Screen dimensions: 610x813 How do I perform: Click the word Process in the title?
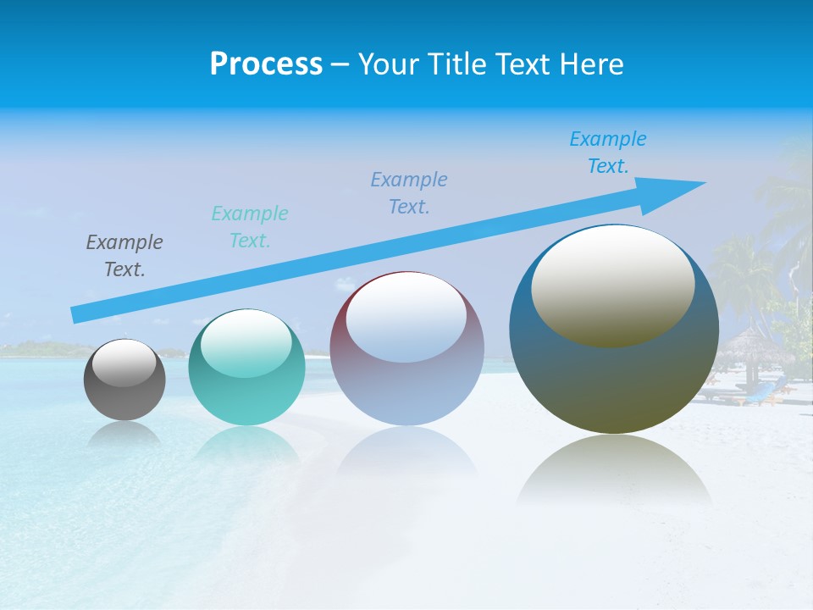(266, 64)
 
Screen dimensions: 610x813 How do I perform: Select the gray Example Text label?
(124, 256)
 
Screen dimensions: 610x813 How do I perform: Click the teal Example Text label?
(250, 226)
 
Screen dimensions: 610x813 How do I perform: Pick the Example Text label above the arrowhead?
(608, 152)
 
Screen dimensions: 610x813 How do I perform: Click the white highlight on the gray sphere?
(124, 363)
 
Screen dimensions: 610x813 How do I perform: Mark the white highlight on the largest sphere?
(613, 284)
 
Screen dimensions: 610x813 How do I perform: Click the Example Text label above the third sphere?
(409, 192)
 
